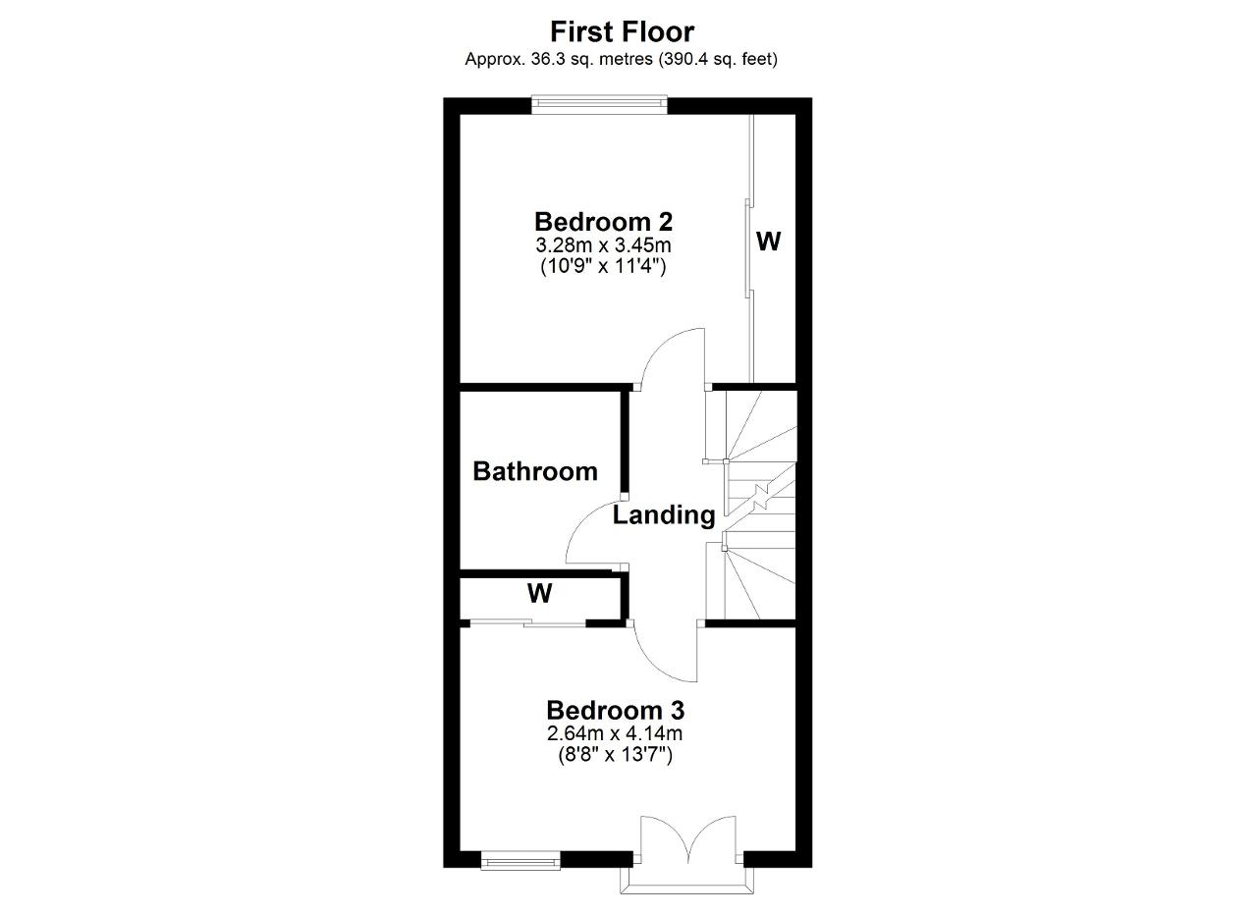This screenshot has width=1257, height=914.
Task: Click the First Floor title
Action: pos(622,32)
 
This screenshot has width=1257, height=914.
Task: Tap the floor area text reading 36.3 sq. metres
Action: pos(591,59)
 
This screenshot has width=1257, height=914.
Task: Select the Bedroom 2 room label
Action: pos(603,222)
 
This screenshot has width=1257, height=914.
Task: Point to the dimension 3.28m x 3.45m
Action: pos(603,245)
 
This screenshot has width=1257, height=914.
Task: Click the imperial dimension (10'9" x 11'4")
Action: pos(603,266)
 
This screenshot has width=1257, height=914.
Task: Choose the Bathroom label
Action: pos(535,471)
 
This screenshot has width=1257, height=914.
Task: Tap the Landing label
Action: pos(664,515)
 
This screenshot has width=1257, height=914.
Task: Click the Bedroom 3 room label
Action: pos(616,711)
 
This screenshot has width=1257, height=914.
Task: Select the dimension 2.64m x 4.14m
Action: pos(615,733)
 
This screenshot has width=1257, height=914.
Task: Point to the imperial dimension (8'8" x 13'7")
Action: pos(615,755)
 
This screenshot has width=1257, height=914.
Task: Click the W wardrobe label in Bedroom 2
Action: pos(768,242)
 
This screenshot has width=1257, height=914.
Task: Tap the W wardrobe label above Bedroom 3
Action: pos(539,593)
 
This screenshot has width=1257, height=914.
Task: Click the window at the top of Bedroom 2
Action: pos(599,104)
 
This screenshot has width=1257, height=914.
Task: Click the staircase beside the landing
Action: pos(751,505)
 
